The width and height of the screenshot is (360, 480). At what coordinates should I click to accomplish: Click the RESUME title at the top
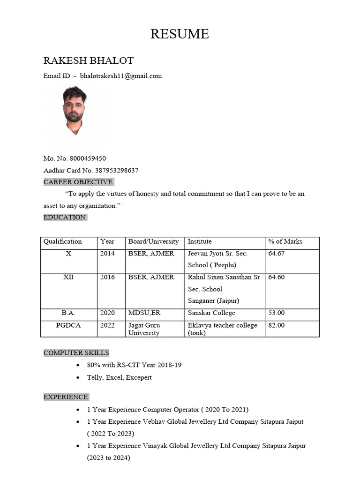(x=180, y=34)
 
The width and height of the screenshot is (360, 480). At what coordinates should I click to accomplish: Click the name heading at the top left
(x=89, y=60)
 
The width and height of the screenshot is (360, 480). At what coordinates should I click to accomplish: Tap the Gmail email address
(x=121, y=76)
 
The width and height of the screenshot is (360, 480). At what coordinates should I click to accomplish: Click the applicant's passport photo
(x=75, y=111)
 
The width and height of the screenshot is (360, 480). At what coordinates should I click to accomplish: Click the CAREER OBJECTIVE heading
(x=78, y=182)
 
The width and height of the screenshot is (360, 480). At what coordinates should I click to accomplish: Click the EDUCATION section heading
(x=65, y=217)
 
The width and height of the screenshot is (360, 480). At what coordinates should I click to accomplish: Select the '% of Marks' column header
(x=285, y=242)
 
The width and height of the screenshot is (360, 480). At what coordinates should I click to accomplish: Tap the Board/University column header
(x=154, y=242)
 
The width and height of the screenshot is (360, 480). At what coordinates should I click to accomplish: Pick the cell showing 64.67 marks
(x=276, y=254)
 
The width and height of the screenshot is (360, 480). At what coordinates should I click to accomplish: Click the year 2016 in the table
(x=107, y=277)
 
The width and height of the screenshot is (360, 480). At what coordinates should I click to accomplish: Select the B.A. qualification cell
(x=68, y=313)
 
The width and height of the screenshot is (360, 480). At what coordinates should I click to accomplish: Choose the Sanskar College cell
(x=211, y=313)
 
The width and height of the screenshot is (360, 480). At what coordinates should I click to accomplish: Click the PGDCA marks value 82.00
(x=276, y=325)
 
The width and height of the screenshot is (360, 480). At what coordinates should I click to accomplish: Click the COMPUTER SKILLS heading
(x=76, y=352)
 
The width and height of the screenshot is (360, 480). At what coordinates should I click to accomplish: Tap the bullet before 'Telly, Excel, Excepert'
(x=77, y=378)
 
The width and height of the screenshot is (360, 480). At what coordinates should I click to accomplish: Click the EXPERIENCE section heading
(x=66, y=397)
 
